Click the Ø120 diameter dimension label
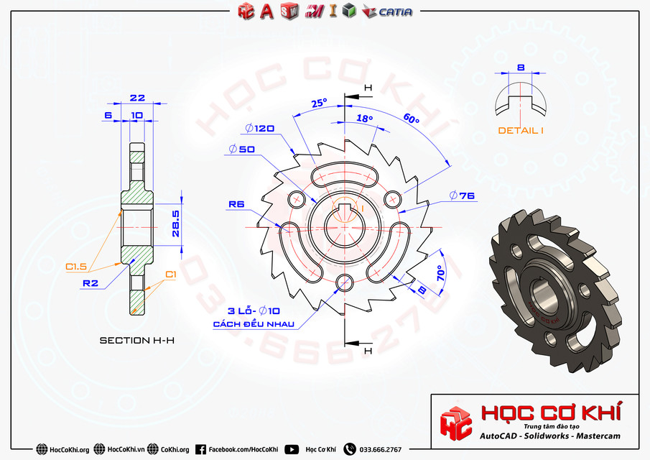259,129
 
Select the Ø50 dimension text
242,149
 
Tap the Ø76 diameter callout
463,195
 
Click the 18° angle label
365,118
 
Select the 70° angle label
440,273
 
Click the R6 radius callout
237,205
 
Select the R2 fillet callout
90,283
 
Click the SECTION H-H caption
136,340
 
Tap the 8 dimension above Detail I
521,68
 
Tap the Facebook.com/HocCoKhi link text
243,449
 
